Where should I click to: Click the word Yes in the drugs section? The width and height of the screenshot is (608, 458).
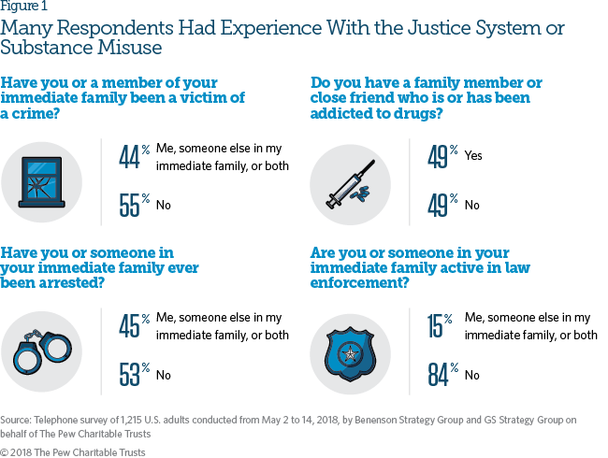pyautogui.click(x=473, y=155)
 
